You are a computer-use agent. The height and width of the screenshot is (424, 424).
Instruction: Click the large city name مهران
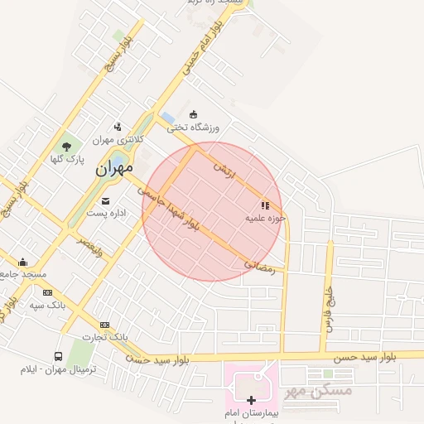[113, 168]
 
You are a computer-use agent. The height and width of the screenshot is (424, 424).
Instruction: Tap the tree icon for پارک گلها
[66, 146]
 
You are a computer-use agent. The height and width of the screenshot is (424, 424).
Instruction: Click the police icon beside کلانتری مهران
[118, 127]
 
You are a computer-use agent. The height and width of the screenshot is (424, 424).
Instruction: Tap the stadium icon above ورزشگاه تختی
[194, 114]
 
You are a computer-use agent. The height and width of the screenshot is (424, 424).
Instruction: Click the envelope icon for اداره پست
[105, 200]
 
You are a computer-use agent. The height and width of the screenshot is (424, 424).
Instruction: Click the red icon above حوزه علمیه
[265, 205]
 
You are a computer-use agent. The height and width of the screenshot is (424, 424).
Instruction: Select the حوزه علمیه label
[265, 218]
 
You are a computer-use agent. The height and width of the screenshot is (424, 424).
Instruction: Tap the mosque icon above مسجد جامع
[22, 262]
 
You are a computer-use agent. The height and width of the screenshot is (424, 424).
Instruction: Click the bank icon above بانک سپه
[47, 292]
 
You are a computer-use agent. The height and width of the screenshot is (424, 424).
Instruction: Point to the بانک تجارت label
[108, 337]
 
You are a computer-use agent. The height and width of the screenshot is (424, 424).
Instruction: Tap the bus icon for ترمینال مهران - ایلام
[59, 356]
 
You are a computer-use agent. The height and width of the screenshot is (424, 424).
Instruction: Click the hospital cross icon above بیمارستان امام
[252, 400]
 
